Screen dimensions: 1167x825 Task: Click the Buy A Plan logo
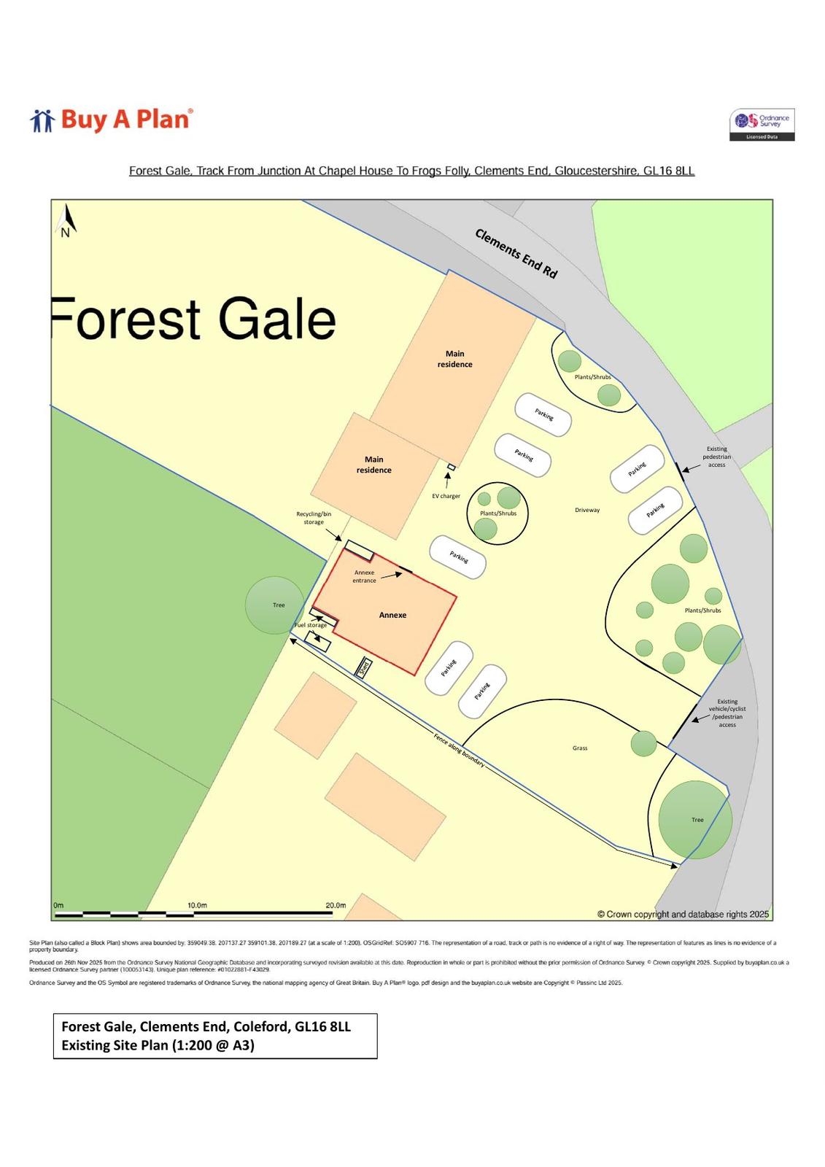112,120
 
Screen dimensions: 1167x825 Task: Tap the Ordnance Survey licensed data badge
762,125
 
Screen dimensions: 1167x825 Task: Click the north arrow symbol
67,221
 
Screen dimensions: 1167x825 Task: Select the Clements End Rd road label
516,253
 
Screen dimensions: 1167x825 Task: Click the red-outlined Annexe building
392,615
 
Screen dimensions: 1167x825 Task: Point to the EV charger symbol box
452,467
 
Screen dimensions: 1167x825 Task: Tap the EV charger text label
446,496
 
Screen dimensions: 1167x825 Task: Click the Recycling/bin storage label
314,518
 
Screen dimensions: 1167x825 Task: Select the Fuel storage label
311,625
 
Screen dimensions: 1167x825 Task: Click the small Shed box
363,667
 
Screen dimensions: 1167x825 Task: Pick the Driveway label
587,510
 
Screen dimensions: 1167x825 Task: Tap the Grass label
580,748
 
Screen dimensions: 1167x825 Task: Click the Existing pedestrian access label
717,457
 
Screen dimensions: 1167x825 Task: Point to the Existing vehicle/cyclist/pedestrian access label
727,713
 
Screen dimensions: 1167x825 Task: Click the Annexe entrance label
364,576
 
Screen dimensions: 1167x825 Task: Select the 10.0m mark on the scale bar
197,905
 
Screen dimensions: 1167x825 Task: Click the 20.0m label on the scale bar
336,905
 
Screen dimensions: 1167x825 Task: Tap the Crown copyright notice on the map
683,914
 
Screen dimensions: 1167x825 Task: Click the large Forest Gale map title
194,319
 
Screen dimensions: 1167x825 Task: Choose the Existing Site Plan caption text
158,1045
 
